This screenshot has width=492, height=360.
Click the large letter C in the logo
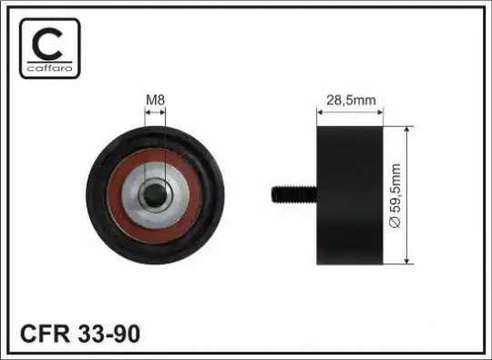pyautogui.click(x=47, y=44)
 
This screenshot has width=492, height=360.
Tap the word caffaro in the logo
pyautogui.click(x=50, y=68)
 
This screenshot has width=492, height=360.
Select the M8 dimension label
pyautogui.click(x=155, y=100)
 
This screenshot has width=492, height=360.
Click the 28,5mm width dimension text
pyautogui.click(x=351, y=100)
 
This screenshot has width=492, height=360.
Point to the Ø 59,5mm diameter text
pyautogui.click(x=395, y=195)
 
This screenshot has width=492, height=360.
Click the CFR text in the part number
pyautogui.click(x=46, y=334)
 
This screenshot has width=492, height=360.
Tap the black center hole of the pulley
pyautogui.click(x=155, y=196)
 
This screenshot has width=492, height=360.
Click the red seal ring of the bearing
pyautogui.click(x=115, y=196)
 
